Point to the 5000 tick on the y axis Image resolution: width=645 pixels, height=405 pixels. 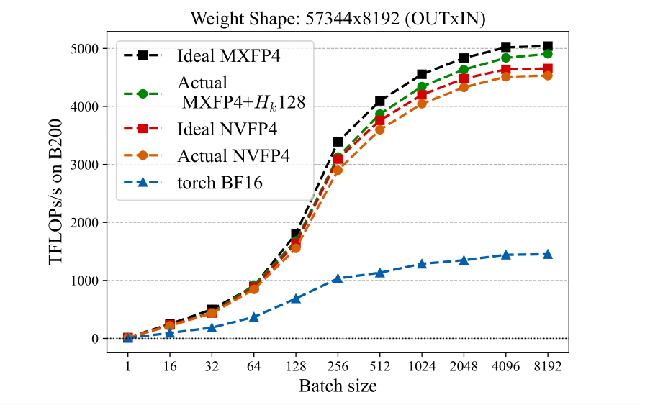click(x=85, y=49)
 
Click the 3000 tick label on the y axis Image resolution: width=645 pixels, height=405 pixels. click(x=85, y=165)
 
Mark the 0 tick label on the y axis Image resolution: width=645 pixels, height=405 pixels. click(x=95, y=339)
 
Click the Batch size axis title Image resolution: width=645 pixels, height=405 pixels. click(x=337, y=386)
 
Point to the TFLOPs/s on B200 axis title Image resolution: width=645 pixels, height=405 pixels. click(x=57, y=193)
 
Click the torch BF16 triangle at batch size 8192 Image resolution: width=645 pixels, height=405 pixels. click(x=547, y=255)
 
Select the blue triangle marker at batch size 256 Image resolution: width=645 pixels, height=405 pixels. click(x=338, y=278)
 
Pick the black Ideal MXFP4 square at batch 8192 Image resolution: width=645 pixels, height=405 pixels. click(x=547, y=46)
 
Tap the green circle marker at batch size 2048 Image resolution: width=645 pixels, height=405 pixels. click(x=464, y=70)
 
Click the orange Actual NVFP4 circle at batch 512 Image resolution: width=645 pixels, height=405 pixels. click(x=379, y=129)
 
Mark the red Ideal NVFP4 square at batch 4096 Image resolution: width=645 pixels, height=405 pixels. click(x=505, y=69)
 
